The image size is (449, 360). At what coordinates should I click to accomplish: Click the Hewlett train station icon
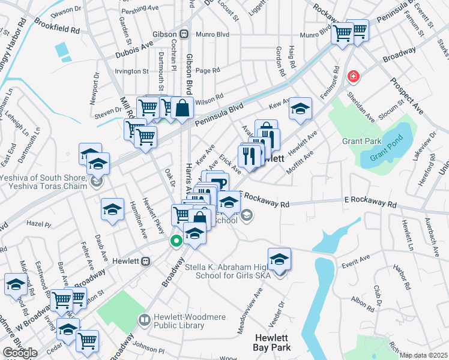click(145, 262)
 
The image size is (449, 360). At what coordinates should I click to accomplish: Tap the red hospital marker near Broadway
click(354, 76)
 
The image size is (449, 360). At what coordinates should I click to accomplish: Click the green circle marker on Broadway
click(176, 241)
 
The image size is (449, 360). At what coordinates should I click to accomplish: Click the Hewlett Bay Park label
click(273, 343)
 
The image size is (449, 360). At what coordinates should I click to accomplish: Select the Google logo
click(20, 353)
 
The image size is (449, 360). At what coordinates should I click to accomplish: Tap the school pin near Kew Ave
click(300, 108)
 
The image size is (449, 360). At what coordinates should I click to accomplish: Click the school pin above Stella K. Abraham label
click(279, 259)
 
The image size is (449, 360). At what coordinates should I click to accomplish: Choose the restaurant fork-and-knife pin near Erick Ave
click(248, 156)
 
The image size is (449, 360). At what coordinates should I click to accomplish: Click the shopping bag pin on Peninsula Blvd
click(182, 108)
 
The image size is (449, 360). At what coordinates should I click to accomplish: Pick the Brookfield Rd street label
click(57, 29)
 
